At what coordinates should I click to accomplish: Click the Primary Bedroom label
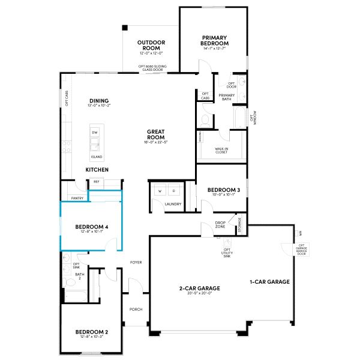tap(215, 40)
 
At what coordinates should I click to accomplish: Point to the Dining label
tap(99, 100)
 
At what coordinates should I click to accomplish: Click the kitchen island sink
tap(95, 144)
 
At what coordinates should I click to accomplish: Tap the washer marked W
tap(160, 191)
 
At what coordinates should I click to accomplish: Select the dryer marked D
tap(174, 191)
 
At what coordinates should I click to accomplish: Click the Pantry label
tap(77, 197)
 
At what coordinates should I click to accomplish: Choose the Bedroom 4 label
tap(92, 226)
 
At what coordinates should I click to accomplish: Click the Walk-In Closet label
tap(221, 150)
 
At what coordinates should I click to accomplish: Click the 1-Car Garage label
tap(270, 281)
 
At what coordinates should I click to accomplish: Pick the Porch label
tap(136, 310)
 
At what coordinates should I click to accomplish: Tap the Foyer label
tap(136, 263)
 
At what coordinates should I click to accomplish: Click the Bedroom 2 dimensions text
tap(91, 337)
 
